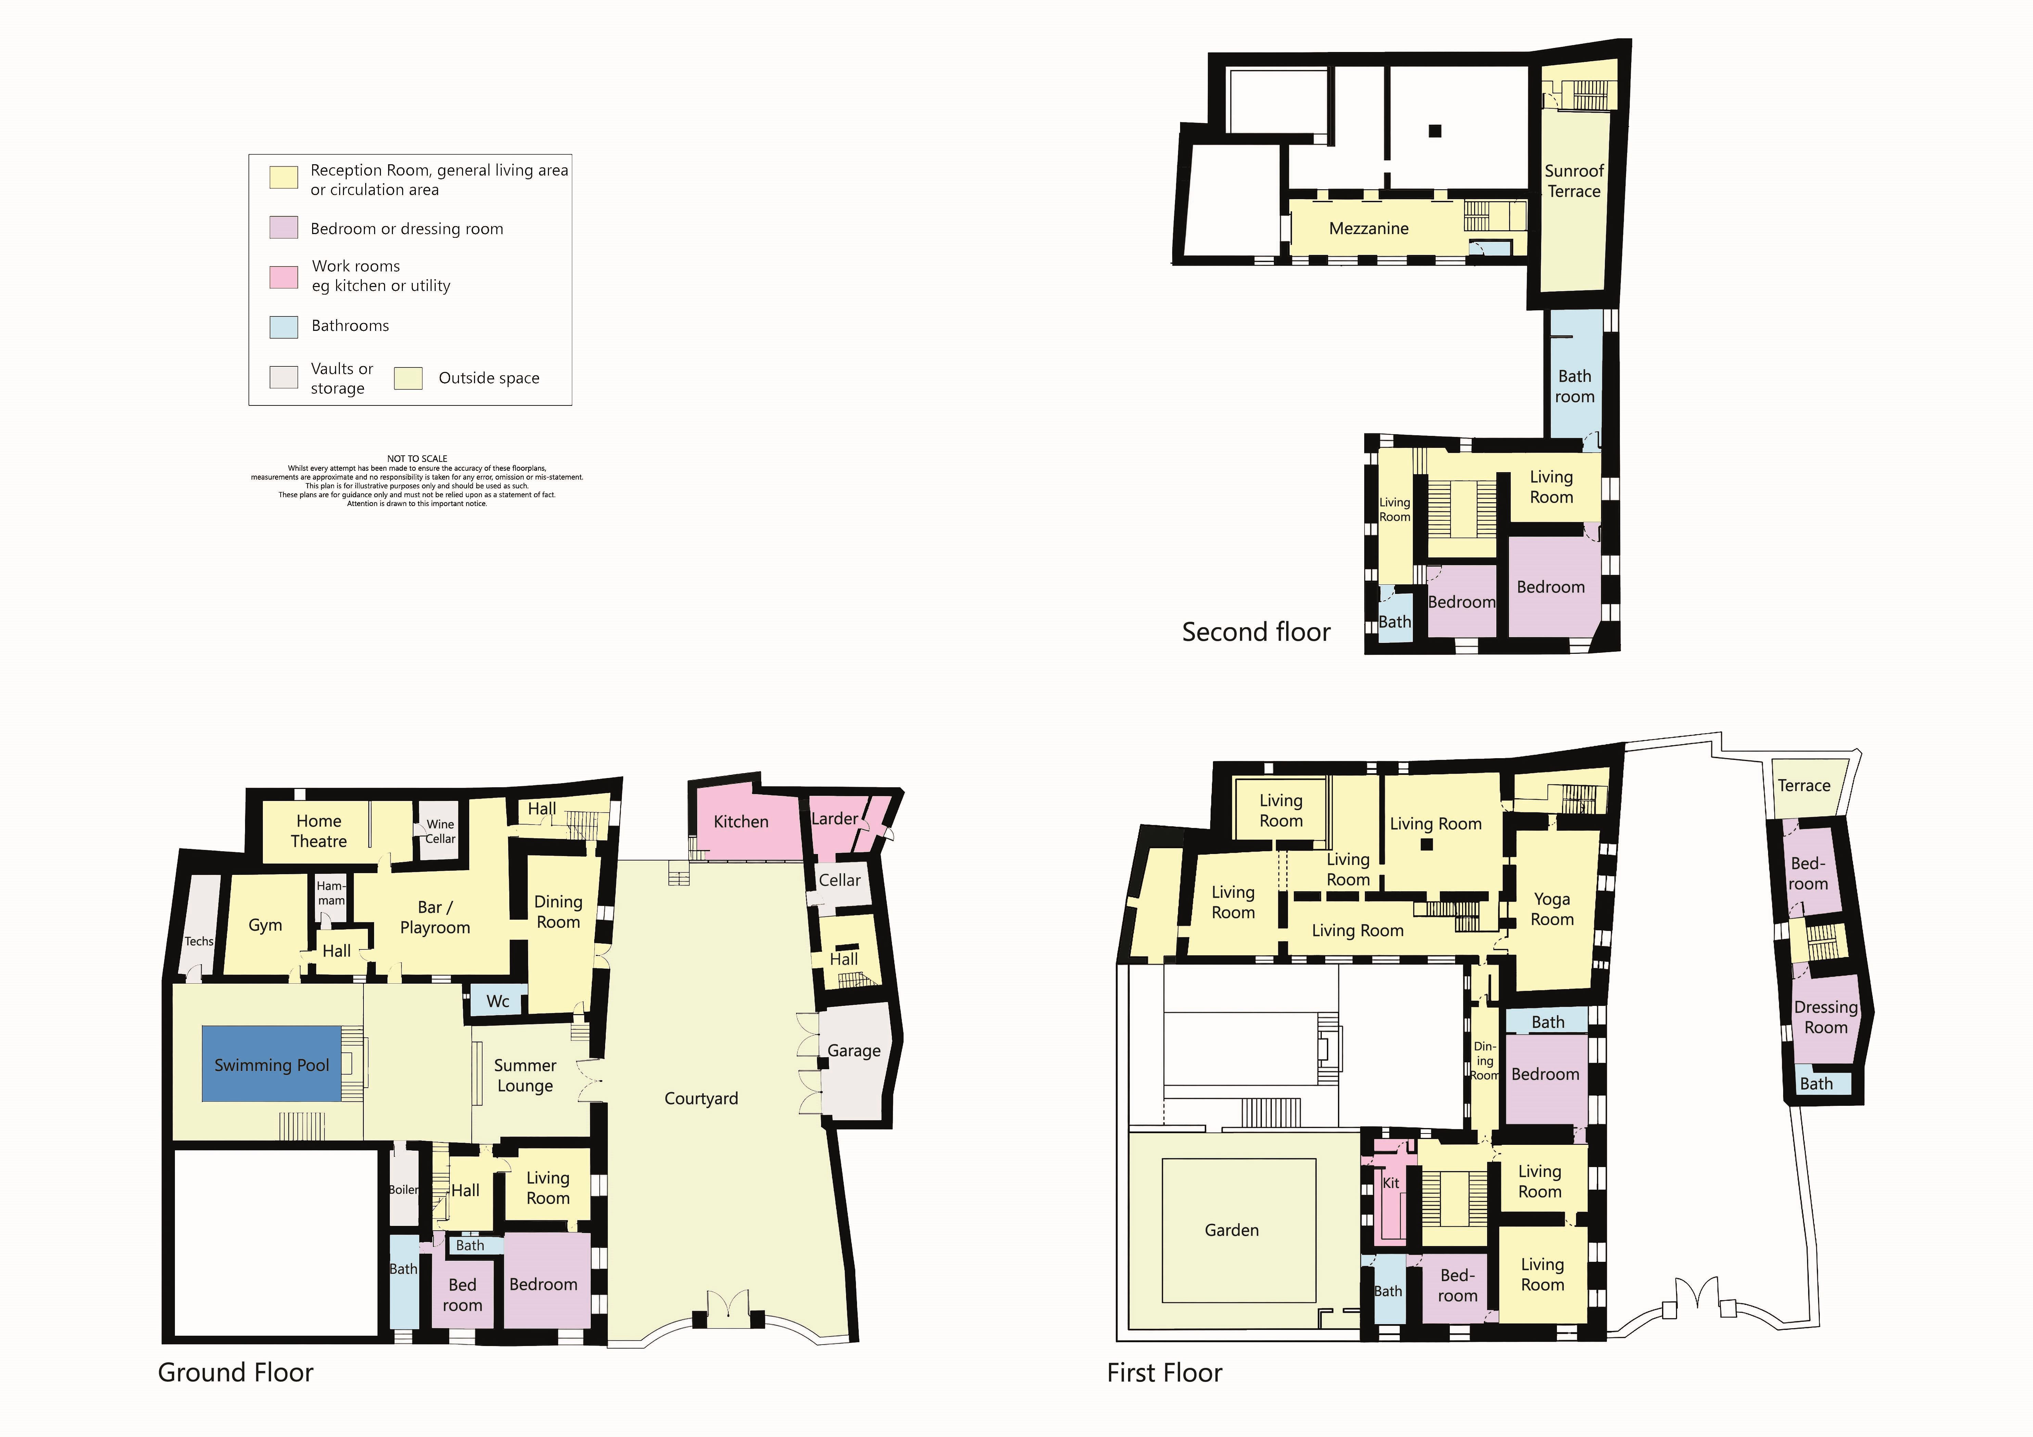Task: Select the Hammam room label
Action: tap(331, 893)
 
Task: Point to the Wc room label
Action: tap(498, 1000)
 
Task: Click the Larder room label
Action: tap(834, 818)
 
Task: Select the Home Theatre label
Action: tap(319, 830)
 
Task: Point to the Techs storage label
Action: tap(199, 941)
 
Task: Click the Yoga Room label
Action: tap(1552, 908)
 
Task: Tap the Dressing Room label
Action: tap(1826, 1017)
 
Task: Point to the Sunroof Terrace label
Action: tap(1574, 181)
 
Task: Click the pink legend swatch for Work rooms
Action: tap(283, 276)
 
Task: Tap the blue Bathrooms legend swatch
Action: tap(283, 326)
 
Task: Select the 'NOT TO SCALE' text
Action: tap(417, 458)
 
